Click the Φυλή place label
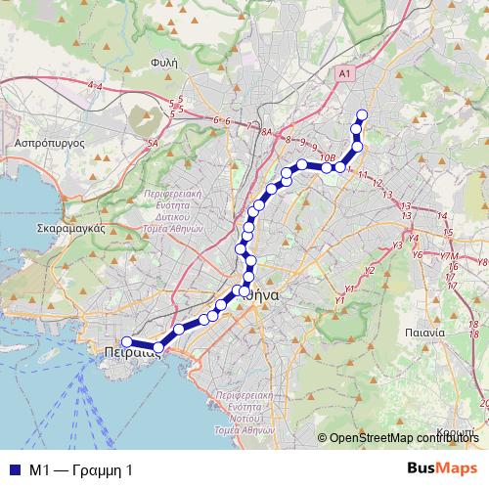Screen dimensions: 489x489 coord(163,61)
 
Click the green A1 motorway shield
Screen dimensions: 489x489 coord(341,73)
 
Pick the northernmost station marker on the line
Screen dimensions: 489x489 coord(361,115)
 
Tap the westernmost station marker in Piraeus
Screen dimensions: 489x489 coord(126,341)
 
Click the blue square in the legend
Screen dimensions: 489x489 coord(13,470)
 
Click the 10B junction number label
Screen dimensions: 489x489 coord(328,157)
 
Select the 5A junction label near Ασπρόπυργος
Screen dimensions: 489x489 coord(153,144)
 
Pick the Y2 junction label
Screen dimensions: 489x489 coord(369,270)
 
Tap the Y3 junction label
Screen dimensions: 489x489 coord(397,244)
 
